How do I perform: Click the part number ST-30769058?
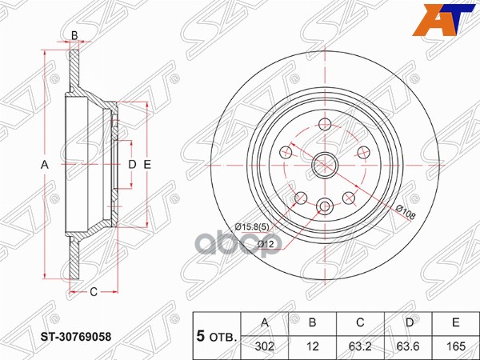coord(76,337)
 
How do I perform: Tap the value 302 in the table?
coord(265,346)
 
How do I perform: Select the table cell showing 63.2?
coord(360,346)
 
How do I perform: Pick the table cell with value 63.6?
coord(408,346)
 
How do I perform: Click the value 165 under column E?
coord(456,346)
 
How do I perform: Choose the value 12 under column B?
coord(312,346)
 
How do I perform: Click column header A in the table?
coord(265,322)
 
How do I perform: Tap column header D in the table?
coord(410,322)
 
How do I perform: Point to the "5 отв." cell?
coord(217,337)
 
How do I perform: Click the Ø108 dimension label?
coord(406,212)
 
